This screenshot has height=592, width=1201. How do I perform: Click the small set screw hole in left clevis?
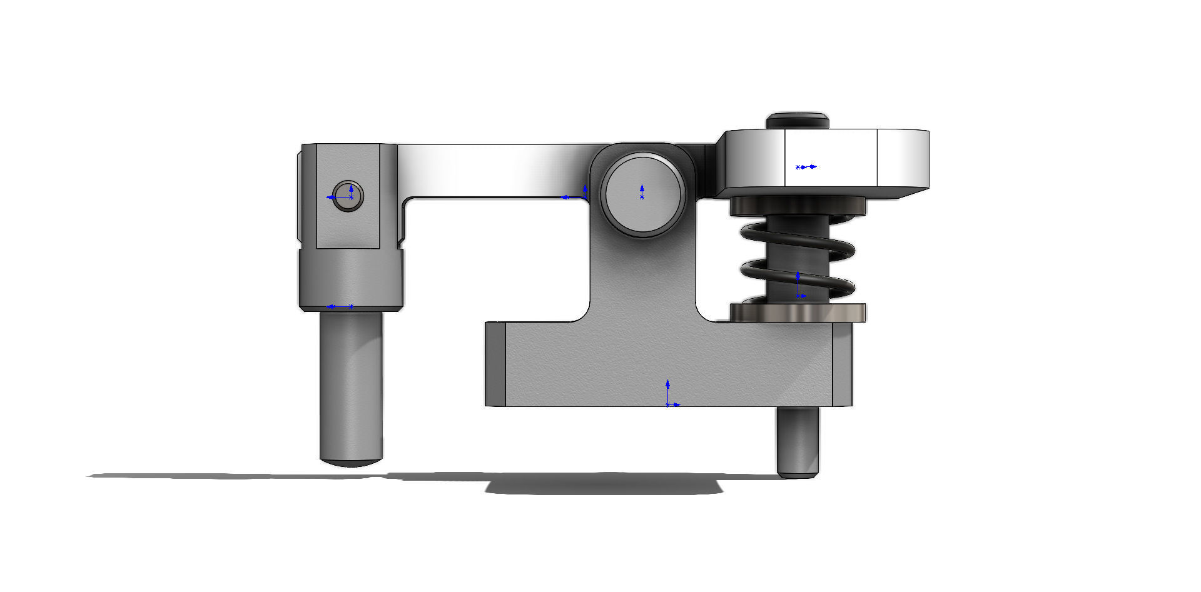347,196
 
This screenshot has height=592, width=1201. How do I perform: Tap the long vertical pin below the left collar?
351,388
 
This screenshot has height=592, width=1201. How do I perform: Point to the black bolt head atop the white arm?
798,121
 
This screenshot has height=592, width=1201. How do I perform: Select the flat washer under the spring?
798,313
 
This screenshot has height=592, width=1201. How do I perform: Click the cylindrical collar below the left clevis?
351,278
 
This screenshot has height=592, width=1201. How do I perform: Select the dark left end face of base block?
495,364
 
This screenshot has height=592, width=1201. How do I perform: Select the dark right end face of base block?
842,364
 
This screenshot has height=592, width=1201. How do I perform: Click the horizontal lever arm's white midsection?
494,170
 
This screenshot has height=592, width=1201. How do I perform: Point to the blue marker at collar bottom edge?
341,306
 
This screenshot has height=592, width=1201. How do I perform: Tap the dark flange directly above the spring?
798,205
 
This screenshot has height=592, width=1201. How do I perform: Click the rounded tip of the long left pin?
351,461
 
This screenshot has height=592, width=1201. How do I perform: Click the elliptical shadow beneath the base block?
604,484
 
